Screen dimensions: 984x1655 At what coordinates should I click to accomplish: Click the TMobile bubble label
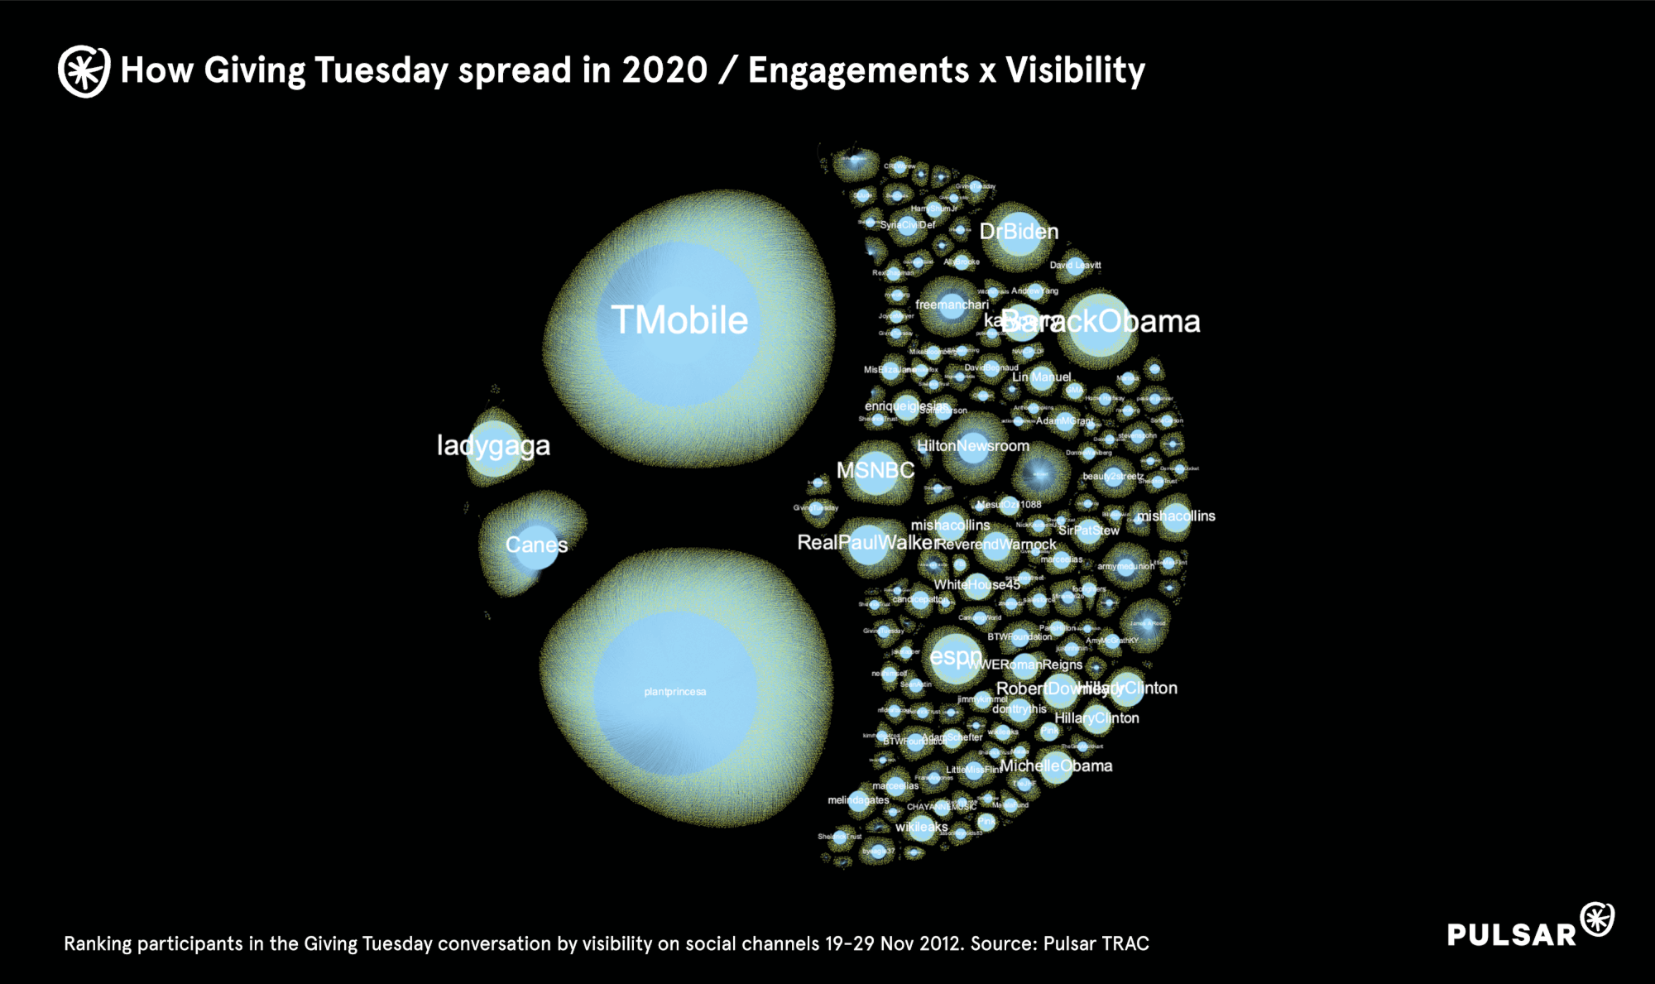pyautogui.click(x=679, y=320)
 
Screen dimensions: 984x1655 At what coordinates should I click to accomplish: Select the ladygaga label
pyautogui.click(x=493, y=446)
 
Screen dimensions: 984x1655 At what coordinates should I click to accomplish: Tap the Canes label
pyautogui.click(x=536, y=545)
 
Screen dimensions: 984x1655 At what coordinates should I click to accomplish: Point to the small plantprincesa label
pyautogui.click(x=675, y=692)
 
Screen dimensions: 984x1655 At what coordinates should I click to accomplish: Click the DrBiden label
pyautogui.click(x=1019, y=232)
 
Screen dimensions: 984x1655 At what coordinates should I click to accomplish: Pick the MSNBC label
pyautogui.click(x=875, y=471)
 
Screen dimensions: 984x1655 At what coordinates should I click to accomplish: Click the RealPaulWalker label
pyautogui.click(x=866, y=543)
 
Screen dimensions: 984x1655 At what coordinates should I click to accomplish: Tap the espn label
pyautogui.click(x=955, y=657)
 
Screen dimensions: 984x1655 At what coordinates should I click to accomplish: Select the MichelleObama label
pyautogui.click(x=1056, y=766)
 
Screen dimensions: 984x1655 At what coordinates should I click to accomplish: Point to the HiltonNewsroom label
pyautogui.click(x=973, y=446)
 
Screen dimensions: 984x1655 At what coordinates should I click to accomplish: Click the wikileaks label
pyautogui.click(x=921, y=827)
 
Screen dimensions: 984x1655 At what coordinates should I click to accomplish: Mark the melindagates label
pyautogui.click(x=858, y=800)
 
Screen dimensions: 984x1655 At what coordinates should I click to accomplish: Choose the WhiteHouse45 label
pyautogui.click(x=976, y=585)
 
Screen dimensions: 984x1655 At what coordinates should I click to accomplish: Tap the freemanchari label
pyautogui.click(x=952, y=305)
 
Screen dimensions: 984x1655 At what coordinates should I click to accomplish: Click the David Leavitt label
pyautogui.click(x=1075, y=266)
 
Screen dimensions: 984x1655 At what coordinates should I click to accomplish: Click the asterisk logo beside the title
pyautogui.click(x=84, y=71)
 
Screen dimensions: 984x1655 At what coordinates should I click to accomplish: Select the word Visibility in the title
pyautogui.click(x=1075, y=71)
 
